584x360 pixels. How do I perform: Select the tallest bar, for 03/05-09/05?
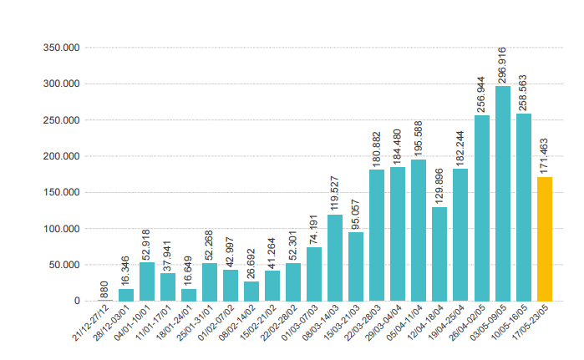point(503,193)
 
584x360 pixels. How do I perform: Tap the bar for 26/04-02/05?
point(482,208)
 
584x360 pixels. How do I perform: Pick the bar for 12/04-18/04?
point(439,254)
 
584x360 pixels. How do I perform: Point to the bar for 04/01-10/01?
point(147,281)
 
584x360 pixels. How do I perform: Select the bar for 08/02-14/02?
point(251,291)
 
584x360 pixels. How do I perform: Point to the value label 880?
point(105,289)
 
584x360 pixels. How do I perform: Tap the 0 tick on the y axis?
point(77,301)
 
